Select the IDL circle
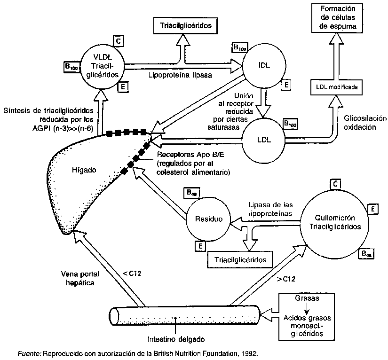coord(264,66)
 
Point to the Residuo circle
coord(208,219)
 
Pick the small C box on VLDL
coord(119,41)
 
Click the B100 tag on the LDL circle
coord(291,124)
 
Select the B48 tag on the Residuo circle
coord(191,192)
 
